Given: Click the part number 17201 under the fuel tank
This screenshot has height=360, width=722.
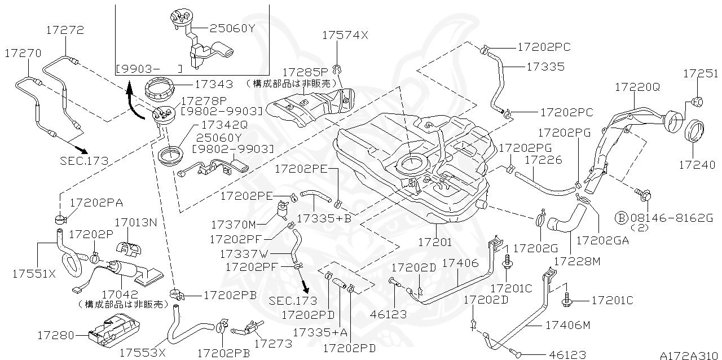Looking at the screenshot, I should (434, 242).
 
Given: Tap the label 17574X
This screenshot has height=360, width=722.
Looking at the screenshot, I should (345, 35).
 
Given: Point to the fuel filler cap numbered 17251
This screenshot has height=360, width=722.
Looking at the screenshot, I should (698, 102).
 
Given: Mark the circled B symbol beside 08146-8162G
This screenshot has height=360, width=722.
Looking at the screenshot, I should (620, 217).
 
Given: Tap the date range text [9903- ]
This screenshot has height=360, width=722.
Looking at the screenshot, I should (149, 69).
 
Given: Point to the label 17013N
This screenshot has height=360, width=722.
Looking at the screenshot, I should (135, 222).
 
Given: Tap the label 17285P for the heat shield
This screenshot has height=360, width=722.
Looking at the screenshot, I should (305, 72).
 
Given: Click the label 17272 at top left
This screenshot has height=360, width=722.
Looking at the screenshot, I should (65, 30).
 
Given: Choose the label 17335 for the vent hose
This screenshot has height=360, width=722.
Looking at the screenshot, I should (545, 67).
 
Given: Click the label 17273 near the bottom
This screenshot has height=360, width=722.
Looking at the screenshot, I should (273, 343).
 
